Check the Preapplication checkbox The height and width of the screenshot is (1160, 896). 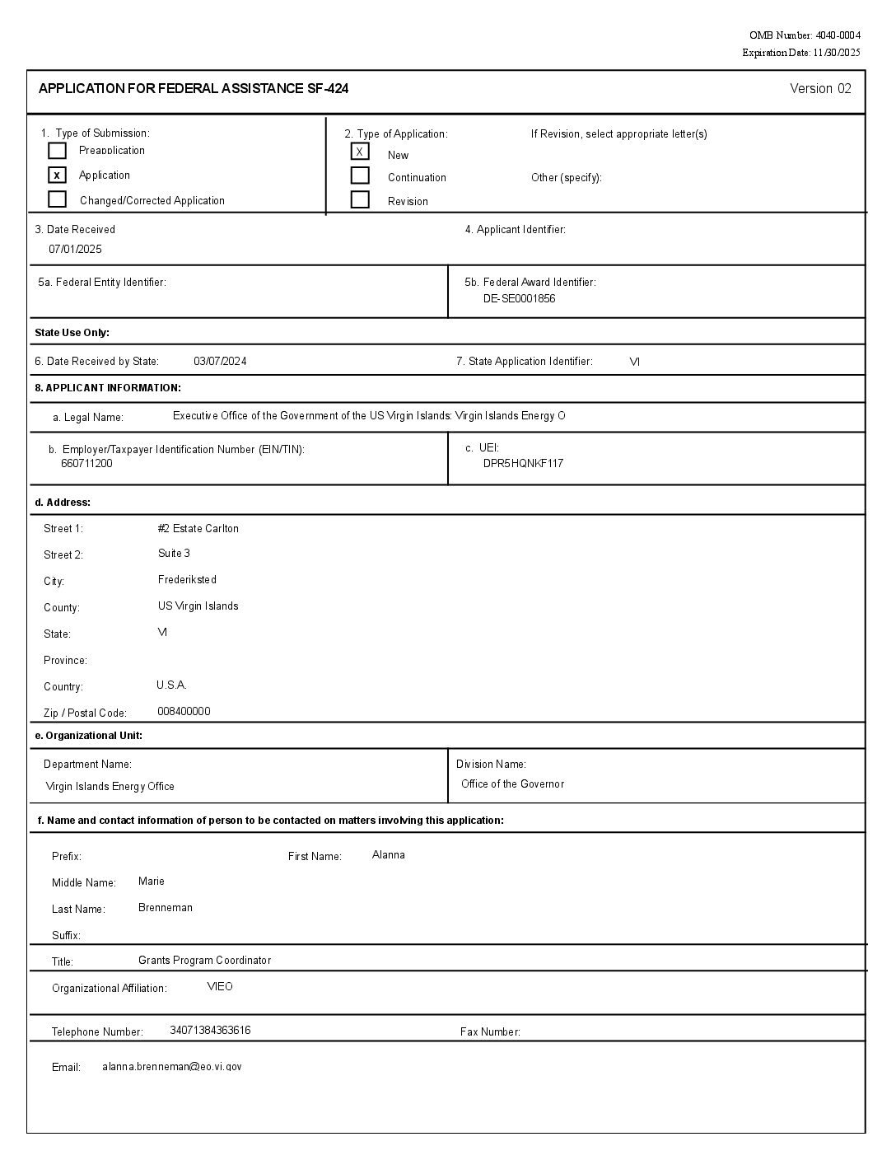[x=57, y=151]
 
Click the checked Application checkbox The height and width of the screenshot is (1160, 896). [x=57, y=175]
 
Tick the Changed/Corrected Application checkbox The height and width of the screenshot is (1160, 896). [x=57, y=199]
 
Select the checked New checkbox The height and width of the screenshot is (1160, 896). [x=360, y=152]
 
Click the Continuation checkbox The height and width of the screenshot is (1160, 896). [x=360, y=175]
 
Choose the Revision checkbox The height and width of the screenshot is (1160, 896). [x=360, y=199]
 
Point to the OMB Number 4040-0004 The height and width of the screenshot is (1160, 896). [x=805, y=35]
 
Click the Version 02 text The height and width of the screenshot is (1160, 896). [x=820, y=89]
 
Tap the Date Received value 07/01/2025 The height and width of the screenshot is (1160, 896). [x=75, y=249]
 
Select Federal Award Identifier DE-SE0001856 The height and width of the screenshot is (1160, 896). [x=519, y=298]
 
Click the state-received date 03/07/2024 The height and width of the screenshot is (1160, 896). [x=220, y=361]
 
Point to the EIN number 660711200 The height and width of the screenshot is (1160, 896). [x=86, y=463]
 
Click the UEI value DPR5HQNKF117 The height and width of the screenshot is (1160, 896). [x=523, y=463]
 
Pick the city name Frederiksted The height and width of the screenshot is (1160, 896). [x=187, y=579]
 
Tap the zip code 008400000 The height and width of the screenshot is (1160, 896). [x=184, y=711]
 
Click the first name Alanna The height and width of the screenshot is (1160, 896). [x=388, y=854]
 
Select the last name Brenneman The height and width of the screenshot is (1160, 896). [x=166, y=907]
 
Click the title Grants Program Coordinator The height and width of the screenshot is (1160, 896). [x=204, y=960]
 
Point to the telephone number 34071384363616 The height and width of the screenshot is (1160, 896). [x=210, y=1030]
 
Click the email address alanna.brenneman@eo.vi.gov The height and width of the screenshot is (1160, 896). [x=172, y=1066]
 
